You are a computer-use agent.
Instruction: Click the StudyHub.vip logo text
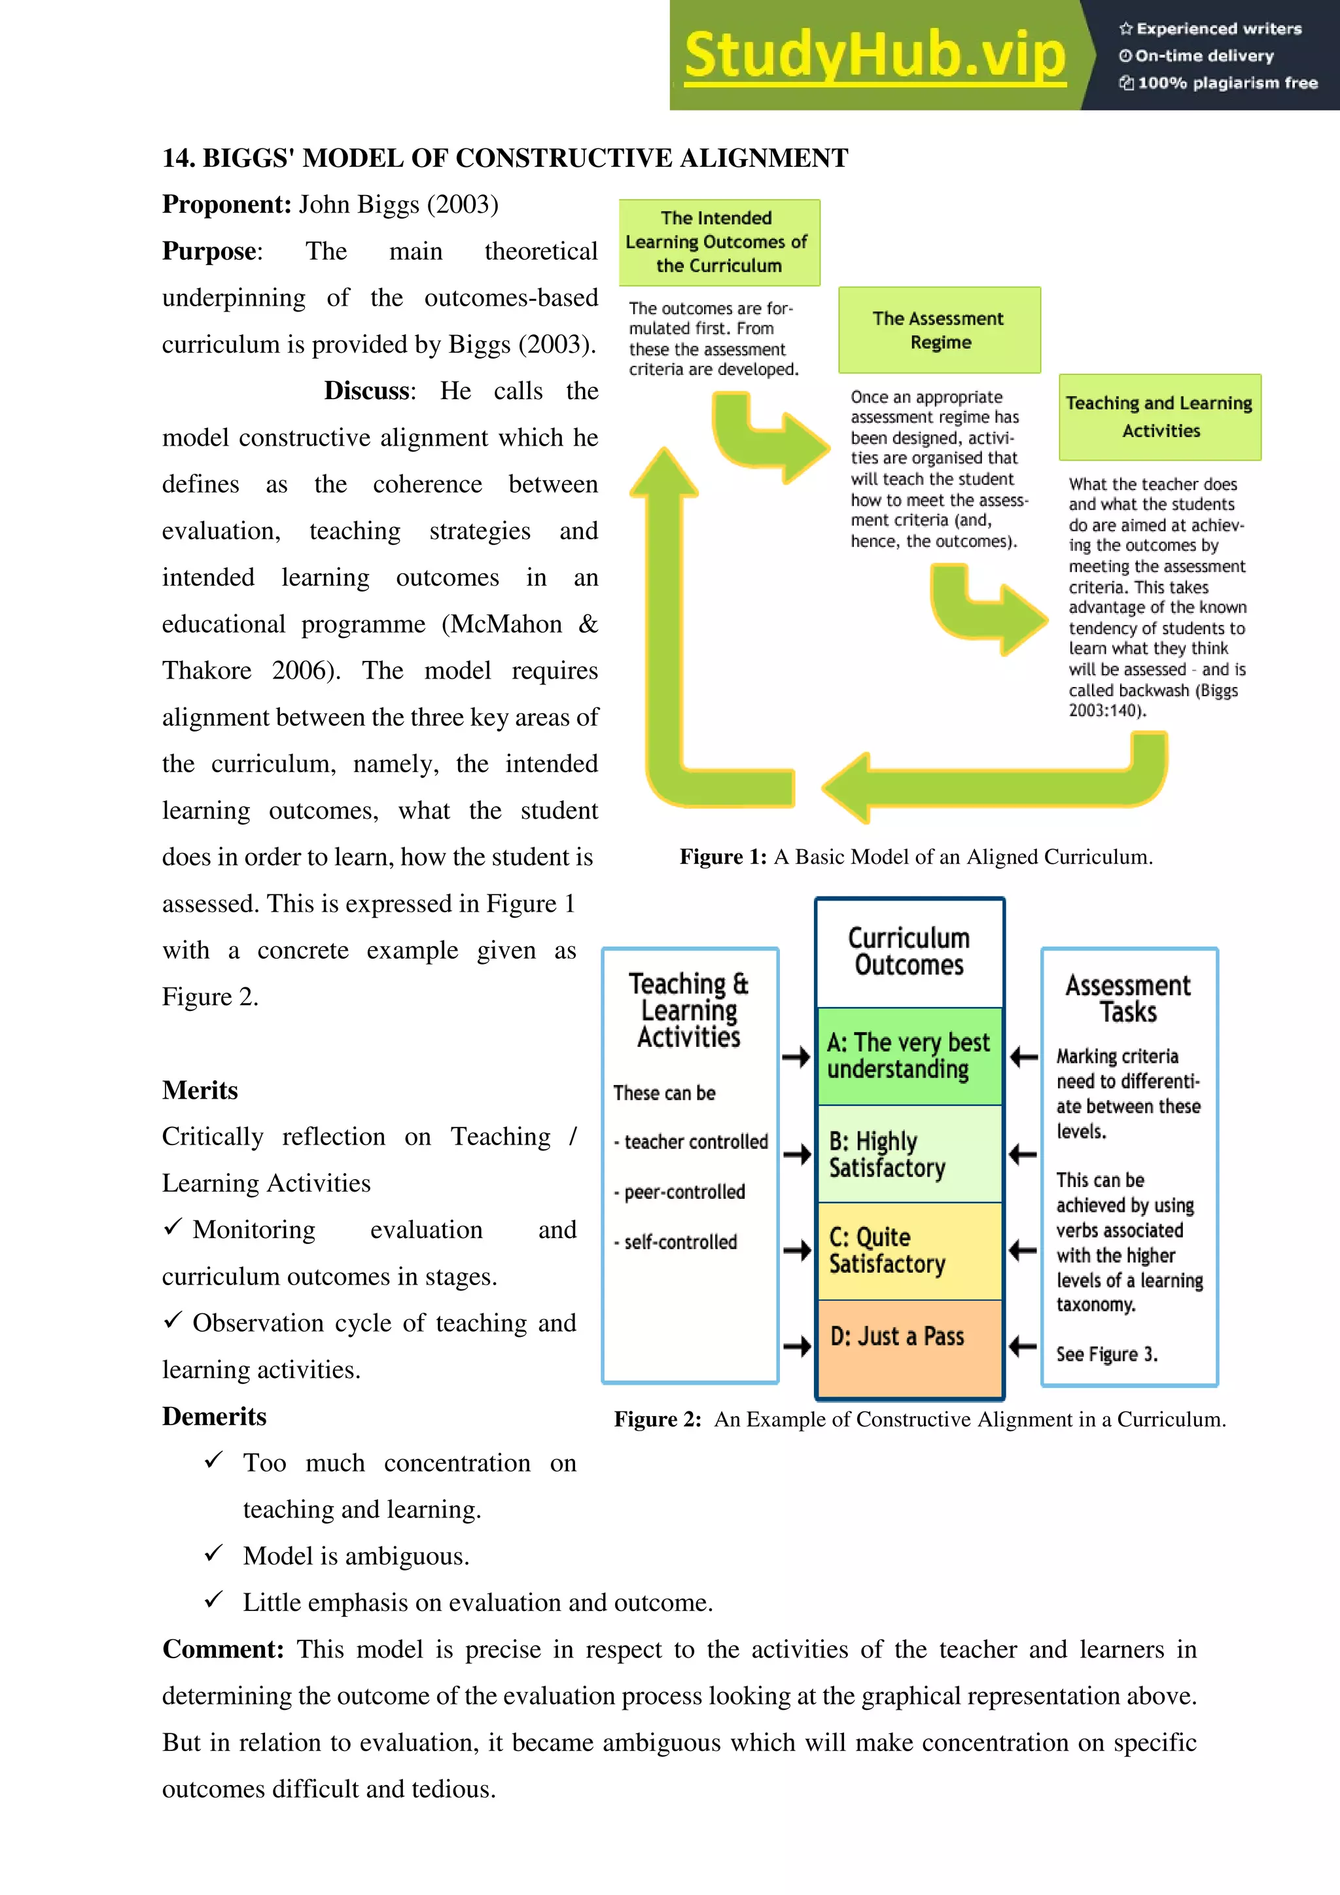tap(875, 56)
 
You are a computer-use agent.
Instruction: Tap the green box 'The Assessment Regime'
tap(939, 330)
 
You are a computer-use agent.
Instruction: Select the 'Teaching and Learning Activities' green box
tap(1159, 417)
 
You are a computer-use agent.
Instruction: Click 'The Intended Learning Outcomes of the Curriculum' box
tap(718, 242)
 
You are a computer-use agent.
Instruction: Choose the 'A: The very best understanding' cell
tap(908, 1055)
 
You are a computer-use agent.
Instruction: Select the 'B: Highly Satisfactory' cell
tap(908, 1154)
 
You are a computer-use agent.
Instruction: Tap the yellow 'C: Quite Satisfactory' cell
tap(908, 1250)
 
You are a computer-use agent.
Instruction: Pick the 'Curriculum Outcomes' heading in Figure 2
tap(908, 951)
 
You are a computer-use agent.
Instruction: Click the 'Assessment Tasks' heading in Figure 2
tap(1128, 998)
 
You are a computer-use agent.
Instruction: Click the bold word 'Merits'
tap(200, 1090)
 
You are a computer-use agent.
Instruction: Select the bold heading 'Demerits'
tap(215, 1416)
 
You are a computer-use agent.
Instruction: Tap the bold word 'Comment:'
tap(222, 1649)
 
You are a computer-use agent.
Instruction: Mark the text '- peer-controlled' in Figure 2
tap(680, 1192)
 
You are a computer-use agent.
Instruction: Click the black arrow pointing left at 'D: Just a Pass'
tap(1023, 1347)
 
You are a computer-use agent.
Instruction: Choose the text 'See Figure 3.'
tap(1106, 1355)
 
